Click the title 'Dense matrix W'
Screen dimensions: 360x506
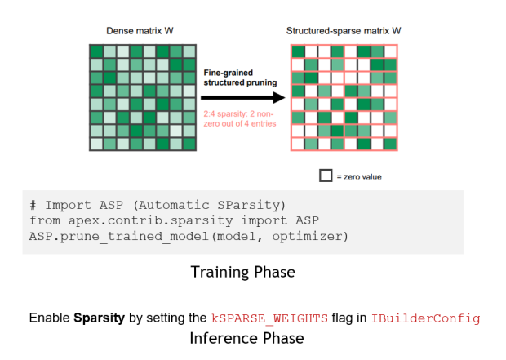click(140, 31)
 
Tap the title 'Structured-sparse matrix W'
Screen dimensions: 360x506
click(344, 31)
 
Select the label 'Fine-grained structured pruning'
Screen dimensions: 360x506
click(240, 78)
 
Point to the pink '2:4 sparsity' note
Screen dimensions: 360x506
click(240, 118)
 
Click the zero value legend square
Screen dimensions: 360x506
click(326, 176)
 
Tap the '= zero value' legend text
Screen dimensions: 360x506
click(359, 176)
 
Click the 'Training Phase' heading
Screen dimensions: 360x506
click(242, 271)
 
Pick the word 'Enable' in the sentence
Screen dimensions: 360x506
click(50, 318)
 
